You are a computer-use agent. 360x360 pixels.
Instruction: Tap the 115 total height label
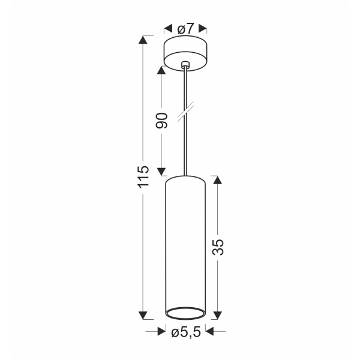click(x=142, y=177)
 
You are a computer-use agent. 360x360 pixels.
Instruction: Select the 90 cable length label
click(x=161, y=119)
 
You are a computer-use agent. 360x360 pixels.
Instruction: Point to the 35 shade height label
click(x=218, y=247)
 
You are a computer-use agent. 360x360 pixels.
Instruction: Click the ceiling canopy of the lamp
click(x=185, y=53)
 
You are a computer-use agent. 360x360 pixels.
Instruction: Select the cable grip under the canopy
click(x=185, y=65)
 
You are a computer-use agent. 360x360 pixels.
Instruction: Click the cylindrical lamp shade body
click(x=185, y=240)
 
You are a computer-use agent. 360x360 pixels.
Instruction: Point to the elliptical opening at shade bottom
click(x=185, y=312)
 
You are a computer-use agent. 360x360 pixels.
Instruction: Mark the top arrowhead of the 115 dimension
click(x=143, y=40)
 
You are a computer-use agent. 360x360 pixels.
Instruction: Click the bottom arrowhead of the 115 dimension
click(x=143, y=315)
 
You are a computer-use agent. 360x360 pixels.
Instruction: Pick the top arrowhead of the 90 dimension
click(x=161, y=68)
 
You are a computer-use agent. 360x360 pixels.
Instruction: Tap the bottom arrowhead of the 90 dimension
click(x=161, y=171)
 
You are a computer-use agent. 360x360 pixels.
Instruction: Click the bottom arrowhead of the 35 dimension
click(x=218, y=315)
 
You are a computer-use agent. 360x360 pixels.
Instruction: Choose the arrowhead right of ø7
click(x=203, y=28)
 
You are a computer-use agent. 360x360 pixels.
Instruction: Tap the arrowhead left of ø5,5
click(x=161, y=331)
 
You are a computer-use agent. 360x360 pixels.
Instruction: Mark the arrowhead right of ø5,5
click(x=211, y=331)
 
